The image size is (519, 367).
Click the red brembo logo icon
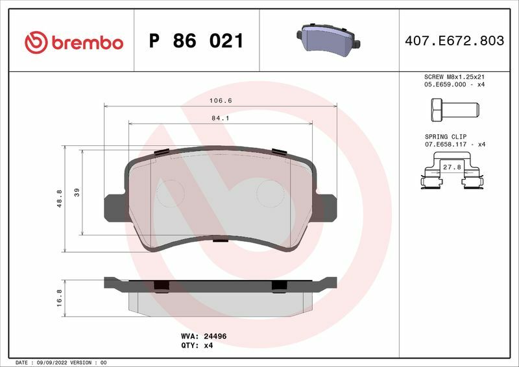[x=36, y=42]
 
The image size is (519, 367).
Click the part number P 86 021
[x=197, y=41]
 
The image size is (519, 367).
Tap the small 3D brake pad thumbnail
[x=328, y=40]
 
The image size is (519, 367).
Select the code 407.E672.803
[x=455, y=41]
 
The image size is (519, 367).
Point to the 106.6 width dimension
[x=221, y=101]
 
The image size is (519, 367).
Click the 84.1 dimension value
[x=221, y=118]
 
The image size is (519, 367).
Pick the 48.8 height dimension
[x=60, y=198]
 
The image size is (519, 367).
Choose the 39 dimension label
[x=77, y=193]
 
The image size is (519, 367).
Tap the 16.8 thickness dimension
[x=59, y=298]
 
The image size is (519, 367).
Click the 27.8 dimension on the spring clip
[x=452, y=167]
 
